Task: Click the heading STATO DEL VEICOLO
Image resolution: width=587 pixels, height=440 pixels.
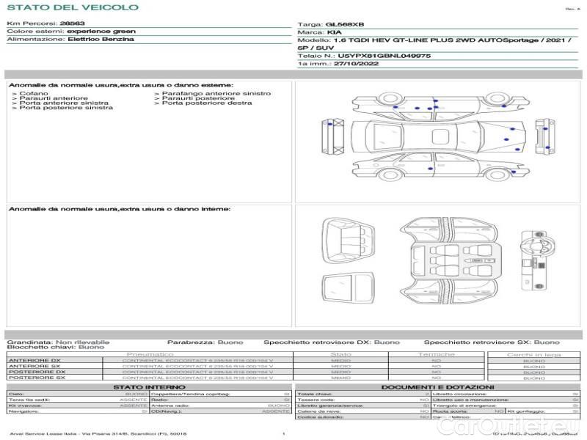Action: (72, 7)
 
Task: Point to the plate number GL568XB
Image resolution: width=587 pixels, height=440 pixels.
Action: (343, 24)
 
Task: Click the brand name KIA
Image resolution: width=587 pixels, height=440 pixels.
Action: (334, 33)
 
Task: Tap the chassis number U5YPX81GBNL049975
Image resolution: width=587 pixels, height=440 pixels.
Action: (384, 55)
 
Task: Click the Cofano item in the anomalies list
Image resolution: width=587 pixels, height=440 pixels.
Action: (34, 93)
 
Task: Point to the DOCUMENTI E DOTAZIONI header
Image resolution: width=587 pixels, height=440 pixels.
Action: (437, 386)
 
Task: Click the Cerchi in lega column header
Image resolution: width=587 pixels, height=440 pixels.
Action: (533, 354)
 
